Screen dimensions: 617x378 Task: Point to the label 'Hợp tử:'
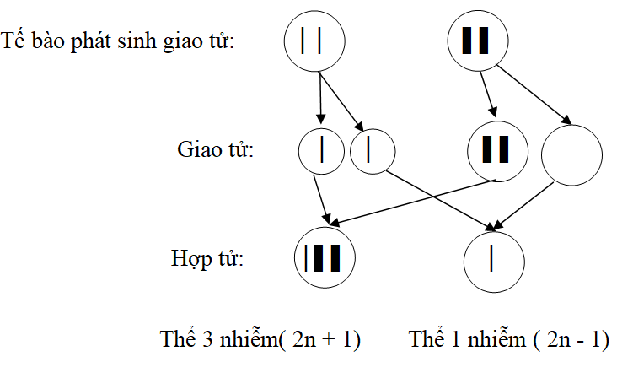[207, 259]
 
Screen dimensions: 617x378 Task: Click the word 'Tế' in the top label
[13, 40]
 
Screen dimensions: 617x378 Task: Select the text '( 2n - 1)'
[571, 339]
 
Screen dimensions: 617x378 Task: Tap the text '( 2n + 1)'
[319, 339]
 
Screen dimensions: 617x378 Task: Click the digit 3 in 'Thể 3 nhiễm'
[207, 339]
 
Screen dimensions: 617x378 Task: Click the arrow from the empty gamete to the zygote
[523, 207]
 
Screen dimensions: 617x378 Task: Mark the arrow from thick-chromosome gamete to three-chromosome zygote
[412, 202]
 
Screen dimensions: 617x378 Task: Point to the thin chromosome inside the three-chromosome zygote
[306, 258]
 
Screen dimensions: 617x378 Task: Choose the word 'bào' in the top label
[47, 40]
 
